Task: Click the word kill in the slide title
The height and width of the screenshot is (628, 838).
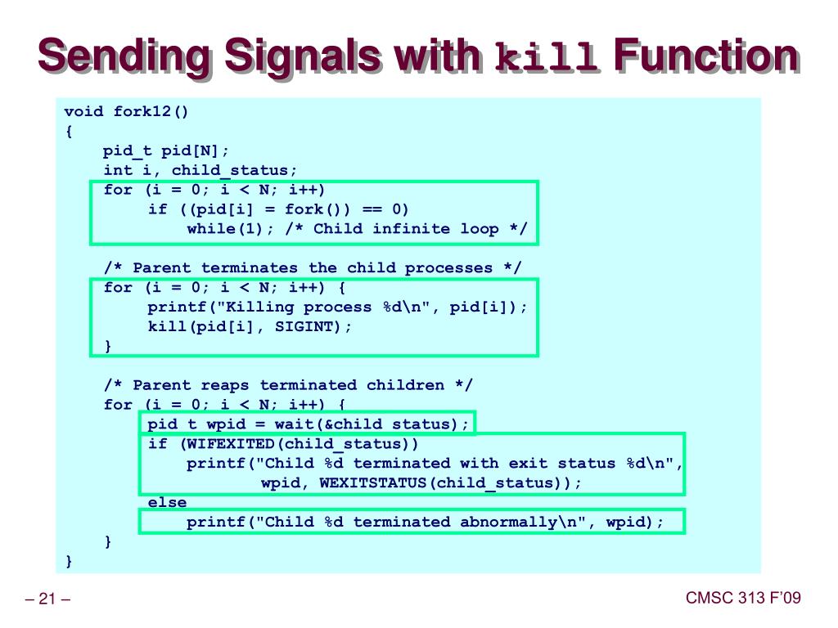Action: pyautogui.click(x=547, y=60)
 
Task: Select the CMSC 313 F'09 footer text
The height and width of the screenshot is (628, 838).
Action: pyautogui.click(x=742, y=599)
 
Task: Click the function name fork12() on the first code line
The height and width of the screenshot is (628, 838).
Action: pyautogui.click(x=151, y=111)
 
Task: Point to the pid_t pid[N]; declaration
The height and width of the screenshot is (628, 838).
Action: pyautogui.click(x=166, y=150)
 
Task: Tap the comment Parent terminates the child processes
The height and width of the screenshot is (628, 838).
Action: pyautogui.click(x=312, y=268)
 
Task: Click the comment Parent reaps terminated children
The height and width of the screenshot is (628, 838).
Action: pyautogui.click(x=288, y=385)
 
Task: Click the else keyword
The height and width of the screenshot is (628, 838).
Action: pyautogui.click(x=167, y=502)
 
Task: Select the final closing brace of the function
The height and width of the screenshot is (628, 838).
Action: pyautogui.click(x=70, y=561)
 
